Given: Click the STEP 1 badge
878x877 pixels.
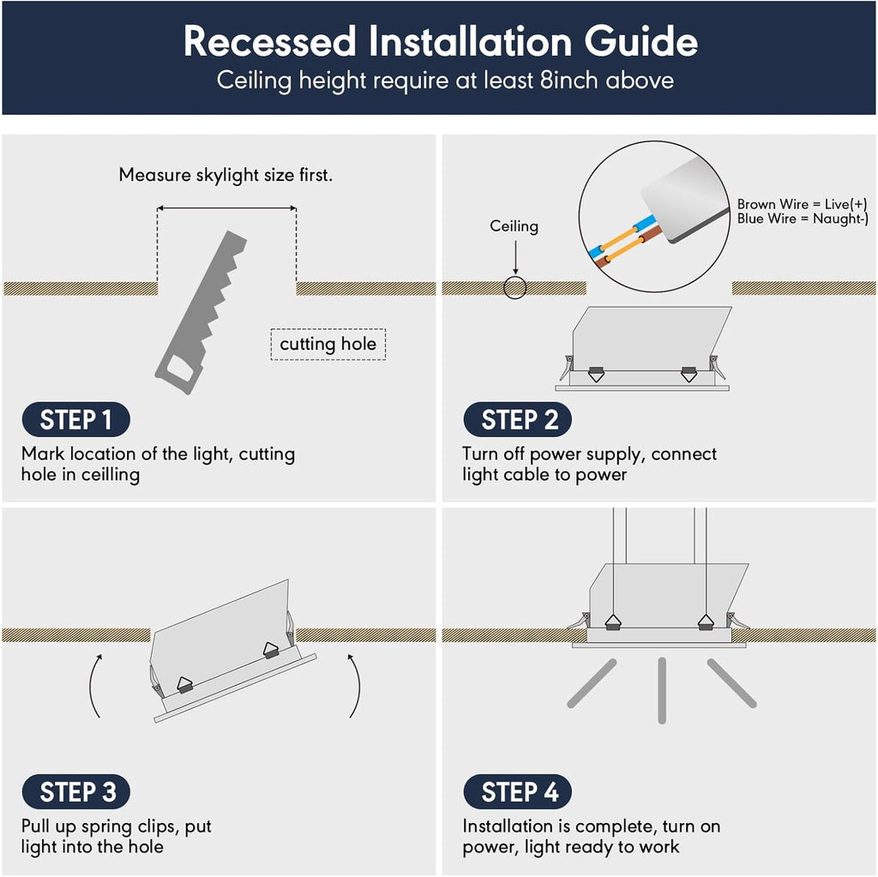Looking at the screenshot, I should (x=75, y=420).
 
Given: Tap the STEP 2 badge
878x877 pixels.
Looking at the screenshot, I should (x=517, y=420).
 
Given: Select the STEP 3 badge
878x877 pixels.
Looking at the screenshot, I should (x=75, y=792).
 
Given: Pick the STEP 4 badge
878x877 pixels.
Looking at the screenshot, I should (x=517, y=792).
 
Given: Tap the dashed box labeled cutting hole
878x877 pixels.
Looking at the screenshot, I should (x=328, y=345).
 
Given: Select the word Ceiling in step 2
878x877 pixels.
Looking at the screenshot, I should (x=514, y=226).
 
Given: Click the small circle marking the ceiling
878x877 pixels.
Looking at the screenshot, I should (x=514, y=288).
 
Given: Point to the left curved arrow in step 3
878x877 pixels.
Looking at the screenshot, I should (x=96, y=686).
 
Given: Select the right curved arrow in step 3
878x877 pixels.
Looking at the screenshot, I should (x=354, y=686).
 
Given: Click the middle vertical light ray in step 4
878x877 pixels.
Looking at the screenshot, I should (x=662, y=690).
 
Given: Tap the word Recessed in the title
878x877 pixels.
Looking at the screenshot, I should (x=269, y=41).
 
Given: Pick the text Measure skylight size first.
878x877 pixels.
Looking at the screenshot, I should (x=226, y=175).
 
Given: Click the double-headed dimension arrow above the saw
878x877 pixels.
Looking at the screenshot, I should (x=226, y=207).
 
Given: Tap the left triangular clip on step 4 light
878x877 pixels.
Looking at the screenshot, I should (x=613, y=622).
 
